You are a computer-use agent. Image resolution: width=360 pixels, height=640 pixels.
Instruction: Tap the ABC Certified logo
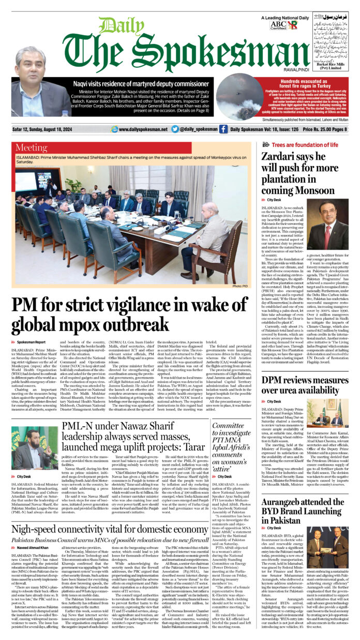pyautogui.click(x=278, y=24)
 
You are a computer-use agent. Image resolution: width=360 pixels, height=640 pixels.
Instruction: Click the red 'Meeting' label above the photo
pyautogui.click(x=35, y=147)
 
